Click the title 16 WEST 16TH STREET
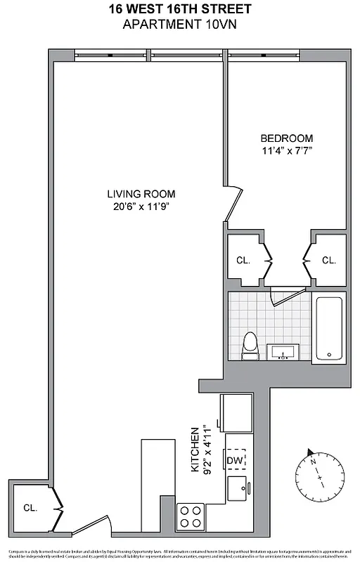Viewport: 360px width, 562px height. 179,9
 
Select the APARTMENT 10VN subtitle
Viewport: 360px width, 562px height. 179,25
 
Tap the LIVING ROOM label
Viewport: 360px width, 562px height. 141,194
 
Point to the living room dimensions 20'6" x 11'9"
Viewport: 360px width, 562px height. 141,207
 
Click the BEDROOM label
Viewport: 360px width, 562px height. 286,138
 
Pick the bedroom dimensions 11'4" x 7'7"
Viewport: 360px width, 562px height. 286,150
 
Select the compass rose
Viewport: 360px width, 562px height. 320,472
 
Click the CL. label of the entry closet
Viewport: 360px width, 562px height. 30,507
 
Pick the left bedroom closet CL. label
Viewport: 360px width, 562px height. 243,260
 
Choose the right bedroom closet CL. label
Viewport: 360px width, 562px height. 328,260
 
